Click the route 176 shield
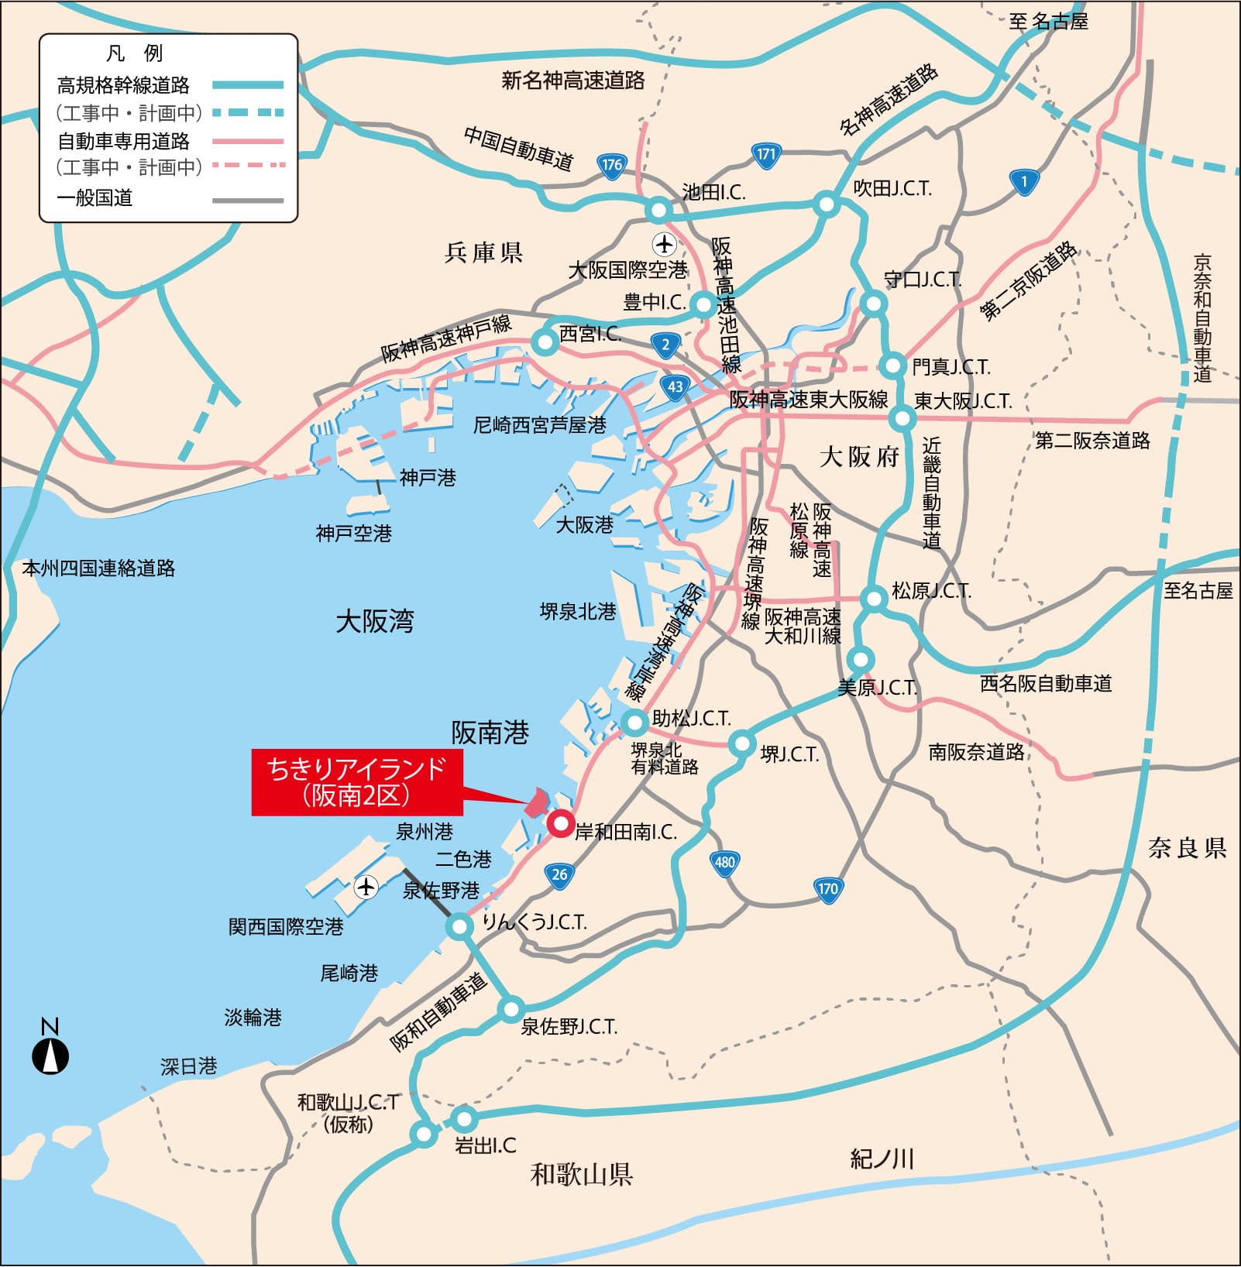tap(612, 165)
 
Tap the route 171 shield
tap(765, 154)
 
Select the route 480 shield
tap(724, 863)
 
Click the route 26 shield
tap(559, 875)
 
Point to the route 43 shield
tap(676, 387)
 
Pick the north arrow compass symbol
tap(50, 1056)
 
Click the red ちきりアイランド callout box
tap(357, 782)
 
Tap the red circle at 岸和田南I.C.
tap(560, 822)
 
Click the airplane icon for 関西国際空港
tap(366, 886)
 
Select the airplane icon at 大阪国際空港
tap(664, 244)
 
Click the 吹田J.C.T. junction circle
tap(827, 205)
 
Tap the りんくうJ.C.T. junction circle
tap(459, 926)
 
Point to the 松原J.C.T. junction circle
tap(874, 599)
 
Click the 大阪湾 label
tap(375, 622)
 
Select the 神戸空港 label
tap(354, 534)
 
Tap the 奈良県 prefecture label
tap(1187, 848)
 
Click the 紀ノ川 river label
tap(882, 1159)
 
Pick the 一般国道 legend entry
tap(95, 198)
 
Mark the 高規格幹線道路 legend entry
tap(123, 85)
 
